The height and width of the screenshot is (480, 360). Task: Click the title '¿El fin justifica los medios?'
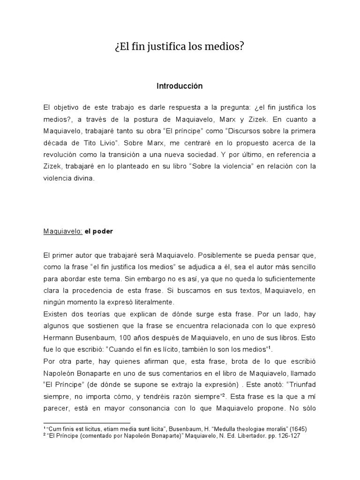pyautogui.click(x=180, y=47)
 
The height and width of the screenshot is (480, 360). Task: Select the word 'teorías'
pyautogui.click(x=94, y=313)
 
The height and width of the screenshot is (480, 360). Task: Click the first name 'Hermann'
pyautogui.click(x=58, y=337)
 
